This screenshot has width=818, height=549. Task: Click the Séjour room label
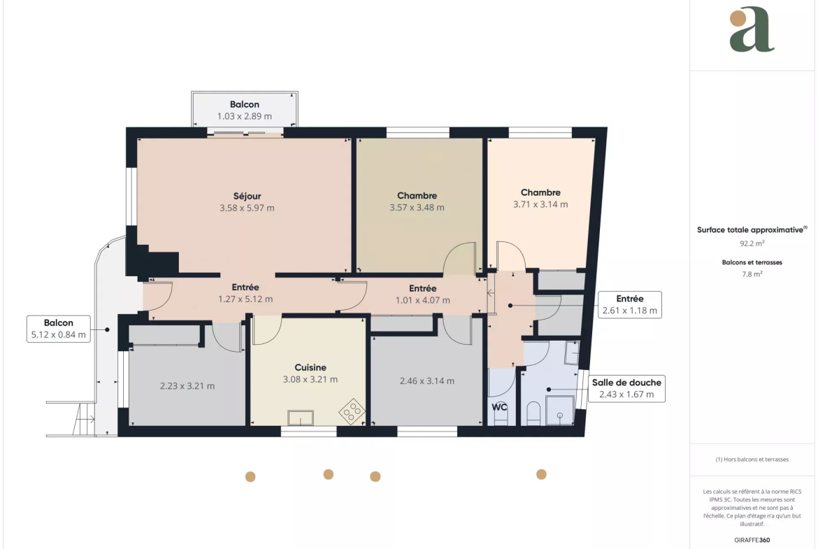[247, 197]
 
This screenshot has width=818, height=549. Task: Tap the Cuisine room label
[310, 367]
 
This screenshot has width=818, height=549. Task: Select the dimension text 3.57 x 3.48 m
[417, 207]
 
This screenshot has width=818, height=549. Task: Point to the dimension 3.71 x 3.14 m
[540, 205]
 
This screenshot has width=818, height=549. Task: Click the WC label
[499, 407]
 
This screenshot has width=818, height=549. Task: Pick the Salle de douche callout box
[626, 389]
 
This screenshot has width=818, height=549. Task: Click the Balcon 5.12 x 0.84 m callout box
[59, 329]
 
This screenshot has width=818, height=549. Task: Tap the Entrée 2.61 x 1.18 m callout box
[630, 305]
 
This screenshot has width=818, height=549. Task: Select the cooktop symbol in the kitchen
[352, 411]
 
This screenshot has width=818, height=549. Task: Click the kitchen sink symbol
[301, 418]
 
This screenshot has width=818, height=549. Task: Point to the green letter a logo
[752, 29]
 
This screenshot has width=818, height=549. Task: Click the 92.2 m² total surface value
[752, 243]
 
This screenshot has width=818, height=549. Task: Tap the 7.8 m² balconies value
[752, 274]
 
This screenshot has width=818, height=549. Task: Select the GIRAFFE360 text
[752, 540]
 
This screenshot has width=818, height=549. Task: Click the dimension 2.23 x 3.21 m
[187, 386]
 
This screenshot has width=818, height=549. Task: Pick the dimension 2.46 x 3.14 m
[427, 381]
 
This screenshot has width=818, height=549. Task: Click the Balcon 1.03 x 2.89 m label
[245, 110]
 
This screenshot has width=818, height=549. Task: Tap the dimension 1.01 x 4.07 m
[422, 300]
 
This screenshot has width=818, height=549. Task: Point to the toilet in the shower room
[533, 413]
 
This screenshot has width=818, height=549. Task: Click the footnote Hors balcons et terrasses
[752, 459]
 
